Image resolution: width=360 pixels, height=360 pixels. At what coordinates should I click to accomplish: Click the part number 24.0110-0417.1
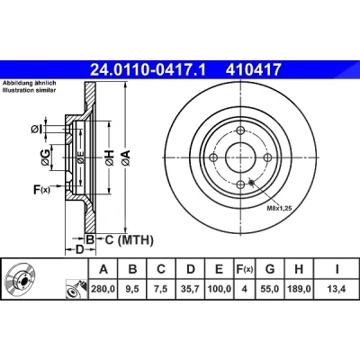148,69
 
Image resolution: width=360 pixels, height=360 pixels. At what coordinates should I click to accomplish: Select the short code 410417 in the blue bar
254,69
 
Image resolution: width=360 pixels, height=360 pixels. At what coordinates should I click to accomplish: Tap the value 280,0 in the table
103,289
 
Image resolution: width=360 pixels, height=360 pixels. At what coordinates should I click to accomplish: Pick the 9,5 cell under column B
132,289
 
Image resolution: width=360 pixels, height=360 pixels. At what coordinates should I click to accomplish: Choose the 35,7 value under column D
190,289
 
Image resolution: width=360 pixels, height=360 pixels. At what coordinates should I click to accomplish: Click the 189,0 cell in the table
299,289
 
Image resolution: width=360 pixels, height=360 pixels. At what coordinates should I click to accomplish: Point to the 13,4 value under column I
337,289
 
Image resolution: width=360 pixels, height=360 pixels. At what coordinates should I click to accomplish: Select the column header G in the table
270,269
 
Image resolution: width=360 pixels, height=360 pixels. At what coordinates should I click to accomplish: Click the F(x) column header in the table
244,269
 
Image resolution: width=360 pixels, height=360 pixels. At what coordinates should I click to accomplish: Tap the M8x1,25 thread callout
279,208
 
